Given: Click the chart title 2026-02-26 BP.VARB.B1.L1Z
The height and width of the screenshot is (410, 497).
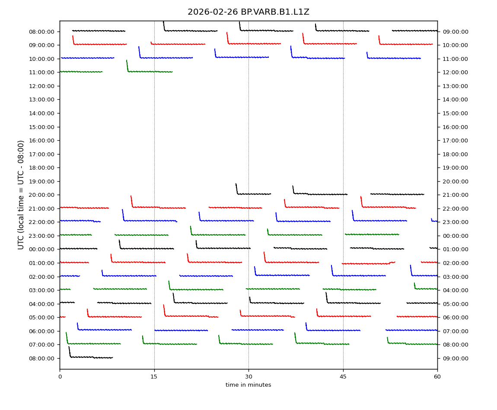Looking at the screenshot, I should pos(248,12).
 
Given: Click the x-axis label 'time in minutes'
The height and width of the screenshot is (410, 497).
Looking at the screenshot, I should pos(248,385).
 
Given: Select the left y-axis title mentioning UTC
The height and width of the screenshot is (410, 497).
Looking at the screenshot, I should pos(21,195).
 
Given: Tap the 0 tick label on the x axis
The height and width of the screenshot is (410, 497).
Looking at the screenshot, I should pos(60,376).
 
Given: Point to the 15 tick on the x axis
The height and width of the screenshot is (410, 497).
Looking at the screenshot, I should pos(154,376).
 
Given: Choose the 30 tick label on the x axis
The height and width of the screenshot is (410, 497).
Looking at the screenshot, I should pos(248,376).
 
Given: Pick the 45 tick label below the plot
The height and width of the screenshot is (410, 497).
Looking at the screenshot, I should pos(343,376).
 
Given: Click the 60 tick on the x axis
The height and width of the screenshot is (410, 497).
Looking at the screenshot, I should pos(437,376).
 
